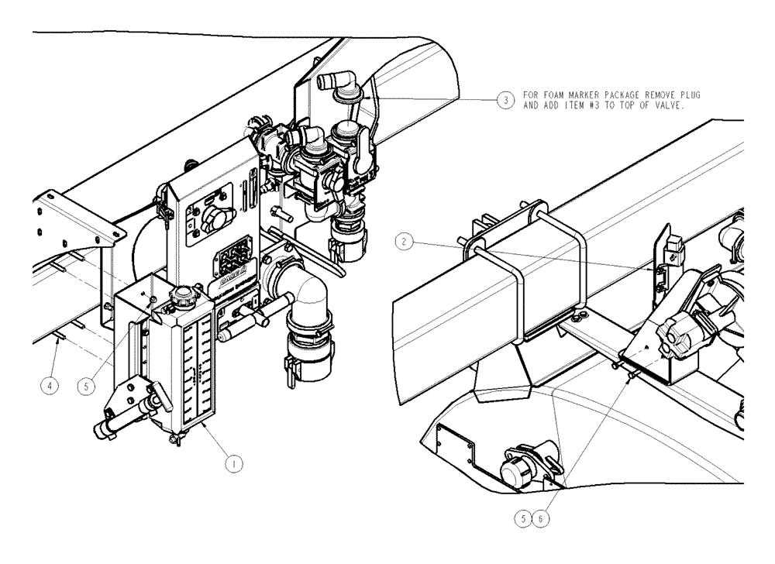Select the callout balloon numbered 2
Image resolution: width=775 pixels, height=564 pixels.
402,241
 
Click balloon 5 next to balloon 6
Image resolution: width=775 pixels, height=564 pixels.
525,518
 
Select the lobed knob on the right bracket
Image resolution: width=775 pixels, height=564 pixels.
673,335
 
